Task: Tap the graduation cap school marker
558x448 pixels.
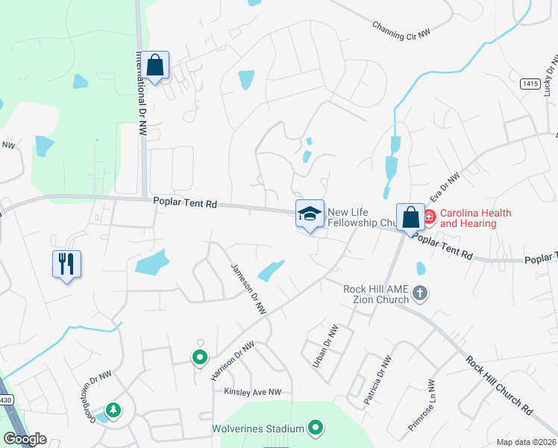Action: click(310, 214)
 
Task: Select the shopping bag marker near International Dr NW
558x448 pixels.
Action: click(155, 66)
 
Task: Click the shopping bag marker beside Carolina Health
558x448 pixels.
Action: click(410, 217)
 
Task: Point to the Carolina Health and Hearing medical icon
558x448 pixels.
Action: click(430, 218)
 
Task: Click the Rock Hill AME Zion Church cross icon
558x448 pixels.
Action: click(420, 293)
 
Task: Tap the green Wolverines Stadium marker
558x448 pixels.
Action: click(316, 428)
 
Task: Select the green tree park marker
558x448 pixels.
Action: click(113, 410)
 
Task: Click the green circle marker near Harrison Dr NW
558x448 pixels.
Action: click(199, 358)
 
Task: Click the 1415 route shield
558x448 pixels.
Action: click(530, 84)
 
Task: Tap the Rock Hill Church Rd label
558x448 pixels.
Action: click(499, 385)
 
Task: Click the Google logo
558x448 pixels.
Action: click(25, 439)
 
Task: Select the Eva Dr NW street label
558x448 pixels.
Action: click(448, 188)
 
